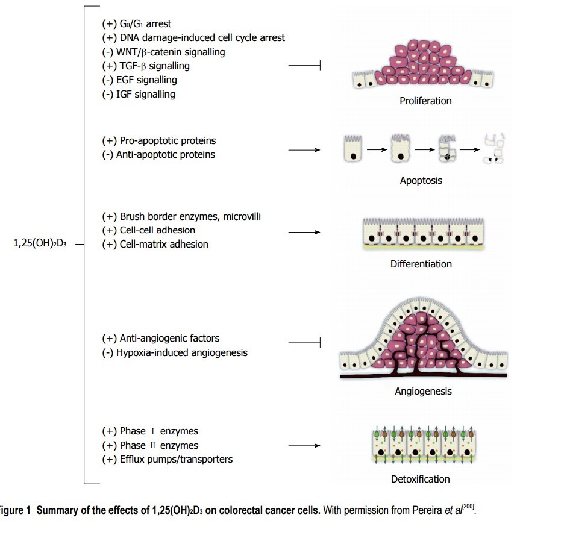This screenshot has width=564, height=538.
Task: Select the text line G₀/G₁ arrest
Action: pyautogui.click(x=137, y=24)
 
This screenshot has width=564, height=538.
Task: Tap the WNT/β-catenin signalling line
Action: pyautogui.click(x=163, y=52)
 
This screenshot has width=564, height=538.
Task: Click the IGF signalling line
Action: pyautogui.click(x=139, y=94)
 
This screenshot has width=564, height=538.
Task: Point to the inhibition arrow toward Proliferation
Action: pyautogui.click(x=304, y=66)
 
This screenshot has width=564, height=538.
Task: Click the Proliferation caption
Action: pyautogui.click(x=425, y=101)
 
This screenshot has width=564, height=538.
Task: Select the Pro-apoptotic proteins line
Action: pyautogui.click(x=159, y=140)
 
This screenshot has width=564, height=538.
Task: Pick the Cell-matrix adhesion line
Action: pyautogui.click(x=155, y=244)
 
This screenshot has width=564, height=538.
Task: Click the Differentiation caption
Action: pyautogui.click(x=421, y=264)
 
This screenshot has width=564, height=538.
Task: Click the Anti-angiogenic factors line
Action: pyautogui.click(x=161, y=338)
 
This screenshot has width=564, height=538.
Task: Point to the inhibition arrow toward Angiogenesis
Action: pyautogui.click(x=304, y=343)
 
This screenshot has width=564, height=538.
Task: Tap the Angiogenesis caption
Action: pyautogui.click(x=423, y=392)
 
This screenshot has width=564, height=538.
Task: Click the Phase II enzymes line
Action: pyautogui.click(x=150, y=445)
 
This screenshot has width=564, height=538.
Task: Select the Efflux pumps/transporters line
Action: pyautogui.click(x=168, y=460)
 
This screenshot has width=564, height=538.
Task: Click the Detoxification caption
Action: pyautogui.click(x=420, y=480)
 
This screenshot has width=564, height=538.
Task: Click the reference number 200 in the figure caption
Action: pyautogui.click(x=469, y=508)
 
